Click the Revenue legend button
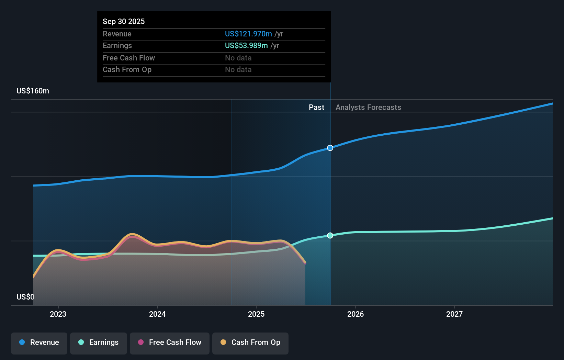39,342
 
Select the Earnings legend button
99,342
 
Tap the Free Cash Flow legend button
170,342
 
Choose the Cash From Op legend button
250,342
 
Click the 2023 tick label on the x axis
58,314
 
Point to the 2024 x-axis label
157,314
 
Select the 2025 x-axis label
256,314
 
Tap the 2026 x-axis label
356,314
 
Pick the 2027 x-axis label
454,314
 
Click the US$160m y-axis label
33,91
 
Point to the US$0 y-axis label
25,297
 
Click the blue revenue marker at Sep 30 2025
330,148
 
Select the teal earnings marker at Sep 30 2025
330,235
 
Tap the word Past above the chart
316,108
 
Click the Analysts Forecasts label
368,108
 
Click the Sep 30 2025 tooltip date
124,22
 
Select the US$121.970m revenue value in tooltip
248,34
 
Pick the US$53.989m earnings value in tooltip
246,46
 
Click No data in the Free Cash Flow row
238,58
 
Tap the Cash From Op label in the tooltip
127,70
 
